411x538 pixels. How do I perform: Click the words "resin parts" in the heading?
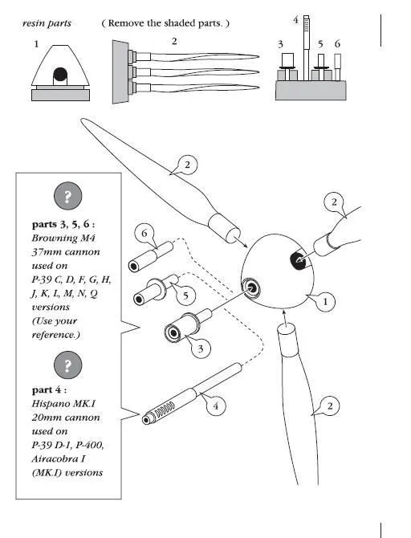click(47, 23)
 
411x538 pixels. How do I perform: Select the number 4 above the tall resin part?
click(295, 18)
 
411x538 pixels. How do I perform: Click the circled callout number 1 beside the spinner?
click(325, 303)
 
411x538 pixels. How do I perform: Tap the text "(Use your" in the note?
click(56, 320)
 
